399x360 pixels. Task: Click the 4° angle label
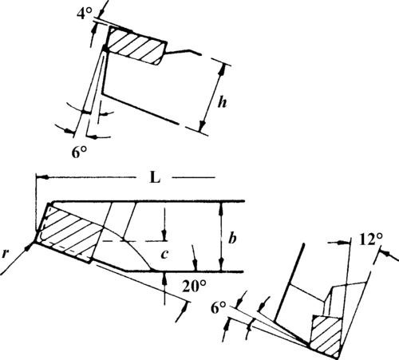[x=85, y=13]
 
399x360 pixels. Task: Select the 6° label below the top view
[x=79, y=152]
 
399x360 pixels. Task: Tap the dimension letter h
[x=222, y=102]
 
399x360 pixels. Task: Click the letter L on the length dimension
[x=155, y=177]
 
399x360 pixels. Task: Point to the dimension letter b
[x=232, y=238]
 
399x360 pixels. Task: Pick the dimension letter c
[x=165, y=255]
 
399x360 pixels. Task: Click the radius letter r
[x=5, y=254]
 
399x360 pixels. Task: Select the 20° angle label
[x=194, y=287]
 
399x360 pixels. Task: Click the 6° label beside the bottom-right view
[x=219, y=308]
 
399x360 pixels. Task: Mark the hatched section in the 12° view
[x=327, y=336]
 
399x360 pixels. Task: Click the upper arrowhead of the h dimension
[x=222, y=69]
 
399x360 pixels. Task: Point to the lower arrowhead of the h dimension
[x=203, y=126]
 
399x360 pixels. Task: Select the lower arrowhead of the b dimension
[x=222, y=266]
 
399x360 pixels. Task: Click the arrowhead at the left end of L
[x=41, y=177]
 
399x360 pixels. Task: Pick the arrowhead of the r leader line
[x=30, y=246]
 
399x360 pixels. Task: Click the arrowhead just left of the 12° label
[x=342, y=242]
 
